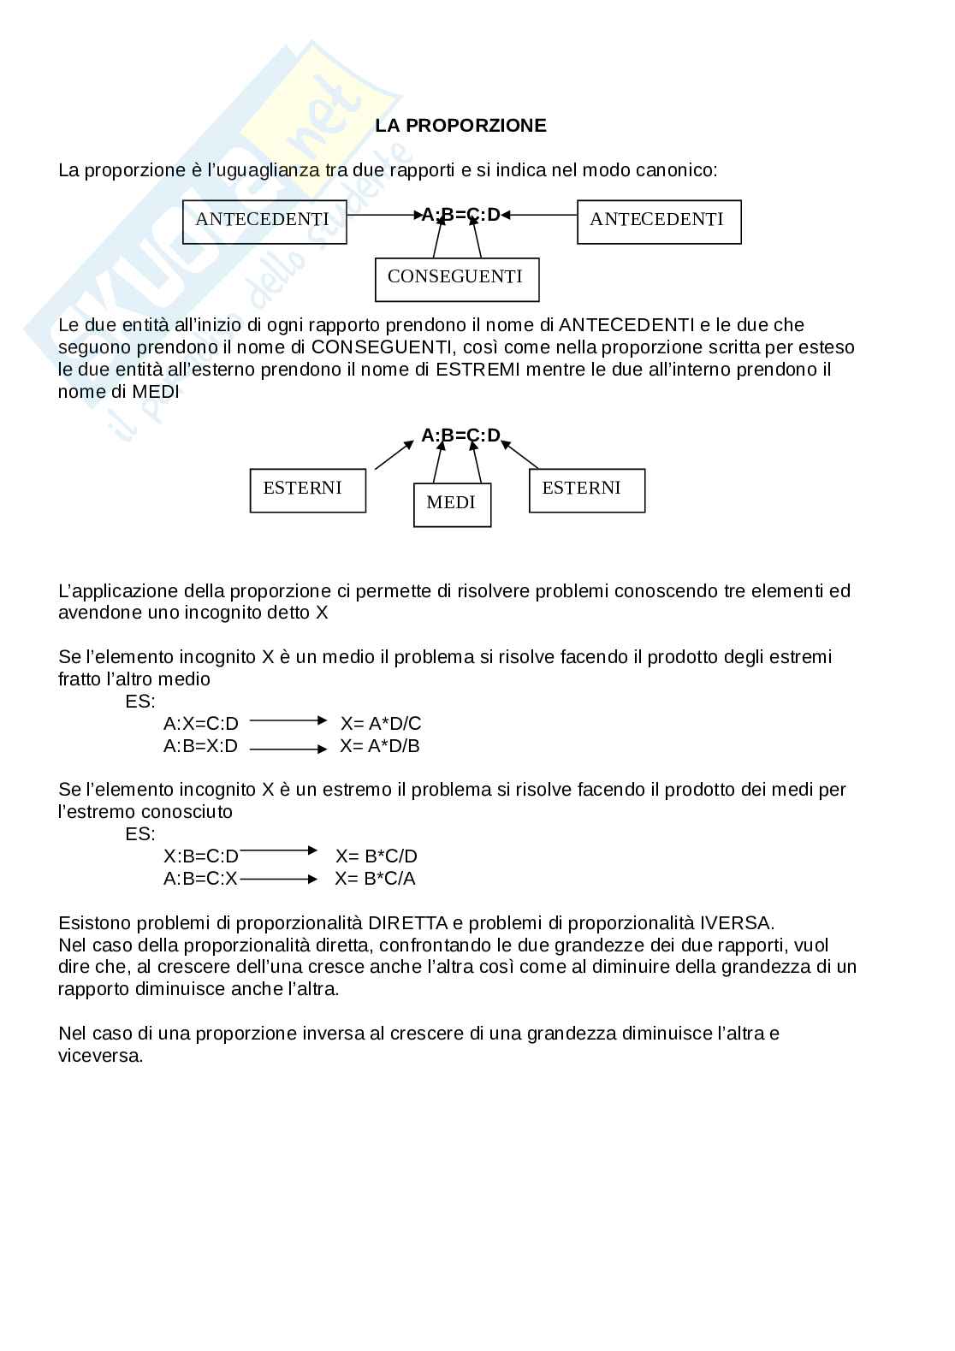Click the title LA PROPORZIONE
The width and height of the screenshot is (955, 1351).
[x=460, y=126]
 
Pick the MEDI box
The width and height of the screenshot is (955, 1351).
[x=452, y=505]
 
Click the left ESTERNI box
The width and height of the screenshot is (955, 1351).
[x=308, y=490]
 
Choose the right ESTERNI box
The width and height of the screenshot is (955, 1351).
[x=587, y=490]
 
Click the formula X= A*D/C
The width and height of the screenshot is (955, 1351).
[x=381, y=724]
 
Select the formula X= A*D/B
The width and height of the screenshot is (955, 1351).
[x=380, y=746]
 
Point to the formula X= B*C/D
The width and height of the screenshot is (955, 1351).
[x=377, y=856]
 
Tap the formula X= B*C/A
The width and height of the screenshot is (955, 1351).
[x=375, y=879]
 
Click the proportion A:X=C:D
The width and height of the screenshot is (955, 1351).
[x=201, y=724]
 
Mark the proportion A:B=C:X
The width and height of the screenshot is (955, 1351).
[x=201, y=879]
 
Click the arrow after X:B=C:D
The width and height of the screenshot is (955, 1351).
[x=278, y=850]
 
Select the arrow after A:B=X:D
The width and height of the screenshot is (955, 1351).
[x=288, y=750]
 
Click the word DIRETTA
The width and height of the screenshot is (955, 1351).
[x=408, y=923]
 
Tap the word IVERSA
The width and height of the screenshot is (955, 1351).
[x=737, y=923]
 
